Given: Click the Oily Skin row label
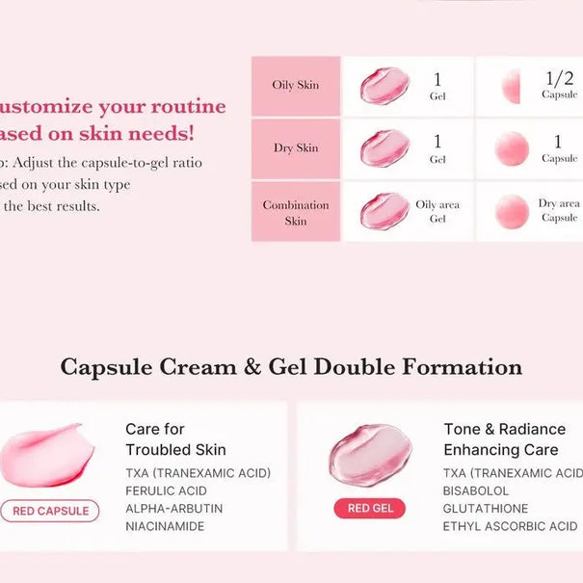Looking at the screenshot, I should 296,85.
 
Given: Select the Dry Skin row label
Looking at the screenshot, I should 296,148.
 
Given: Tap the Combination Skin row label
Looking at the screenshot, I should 296,212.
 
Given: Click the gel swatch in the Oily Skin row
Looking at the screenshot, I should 384,86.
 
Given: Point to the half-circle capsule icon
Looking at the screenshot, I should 511,87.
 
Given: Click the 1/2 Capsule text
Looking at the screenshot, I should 559,86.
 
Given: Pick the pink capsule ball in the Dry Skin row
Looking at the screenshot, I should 512,149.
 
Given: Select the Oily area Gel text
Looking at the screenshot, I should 437,211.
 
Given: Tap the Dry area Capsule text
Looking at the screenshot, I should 559,211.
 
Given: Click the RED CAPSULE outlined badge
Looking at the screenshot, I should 50,511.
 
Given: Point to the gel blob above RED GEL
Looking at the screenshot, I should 370,453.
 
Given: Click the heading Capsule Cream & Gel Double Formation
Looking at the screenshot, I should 291,367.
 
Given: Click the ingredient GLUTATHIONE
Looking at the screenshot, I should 486,509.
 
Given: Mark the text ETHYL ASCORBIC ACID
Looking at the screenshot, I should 511,526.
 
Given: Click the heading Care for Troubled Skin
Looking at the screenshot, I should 175,439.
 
